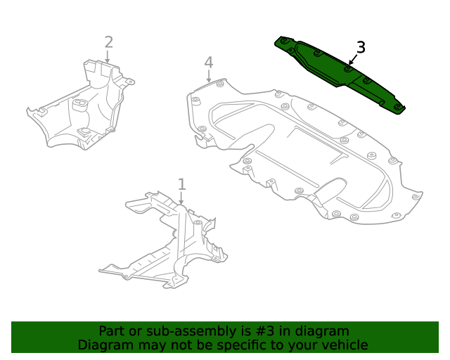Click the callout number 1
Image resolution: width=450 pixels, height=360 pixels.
(x=181, y=184)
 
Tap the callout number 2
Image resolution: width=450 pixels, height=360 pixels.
(x=108, y=42)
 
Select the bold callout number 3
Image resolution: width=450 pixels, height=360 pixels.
(x=361, y=48)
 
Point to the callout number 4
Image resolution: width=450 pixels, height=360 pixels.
(x=209, y=63)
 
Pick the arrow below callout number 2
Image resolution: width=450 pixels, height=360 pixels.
(x=108, y=57)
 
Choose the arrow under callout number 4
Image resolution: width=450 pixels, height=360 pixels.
(x=209, y=77)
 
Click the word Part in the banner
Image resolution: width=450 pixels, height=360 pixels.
(x=112, y=331)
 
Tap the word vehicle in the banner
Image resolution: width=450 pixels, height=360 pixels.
(x=344, y=345)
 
